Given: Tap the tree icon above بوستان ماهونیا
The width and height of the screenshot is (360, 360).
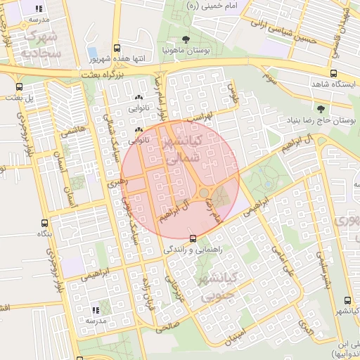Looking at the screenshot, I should pyautogui.click(x=185, y=39).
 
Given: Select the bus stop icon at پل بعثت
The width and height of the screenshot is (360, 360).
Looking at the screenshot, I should pyautogui.click(x=18, y=86).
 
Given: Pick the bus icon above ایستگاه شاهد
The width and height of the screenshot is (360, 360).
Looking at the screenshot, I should pyautogui.click(x=333, y=72).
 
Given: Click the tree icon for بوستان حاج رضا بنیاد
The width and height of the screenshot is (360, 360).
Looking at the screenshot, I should pyautogui.click(x=321, y=109).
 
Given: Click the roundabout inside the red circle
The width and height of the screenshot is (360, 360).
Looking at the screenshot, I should pyautogui.click(x=204, y=192).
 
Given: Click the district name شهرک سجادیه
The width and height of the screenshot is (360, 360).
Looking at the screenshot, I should pyautogui.click(x=41, y=43).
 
